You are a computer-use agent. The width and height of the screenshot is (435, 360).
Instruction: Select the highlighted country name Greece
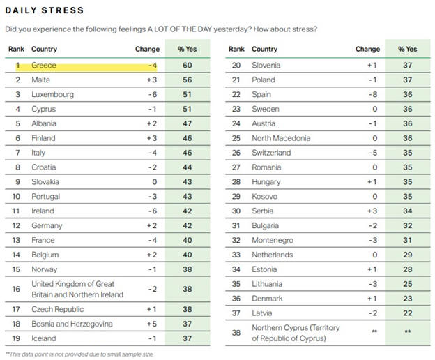[45, 65]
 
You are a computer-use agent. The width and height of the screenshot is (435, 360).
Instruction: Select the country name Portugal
[48, 196]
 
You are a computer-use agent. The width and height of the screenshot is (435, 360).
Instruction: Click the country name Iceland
[45, 338]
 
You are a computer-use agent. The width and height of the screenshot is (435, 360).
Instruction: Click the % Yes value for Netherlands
[407, 255]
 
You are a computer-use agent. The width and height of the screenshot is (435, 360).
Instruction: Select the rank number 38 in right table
[236, 333]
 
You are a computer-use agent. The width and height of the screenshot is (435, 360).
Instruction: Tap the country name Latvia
[262, 313]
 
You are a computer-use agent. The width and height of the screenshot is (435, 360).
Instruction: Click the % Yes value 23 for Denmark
[407, 299]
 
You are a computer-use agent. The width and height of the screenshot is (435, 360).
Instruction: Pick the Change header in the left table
[147, 50]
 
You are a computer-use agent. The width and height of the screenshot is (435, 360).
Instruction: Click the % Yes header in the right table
[407, 50]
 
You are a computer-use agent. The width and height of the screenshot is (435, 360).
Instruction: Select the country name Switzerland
[271, 153]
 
